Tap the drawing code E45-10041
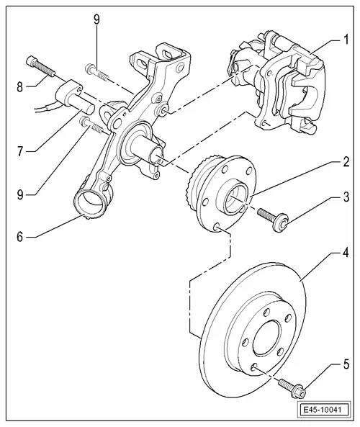pyautogui.click(x=324, y=412)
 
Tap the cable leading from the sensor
pyautogui.click(x=43, y=109)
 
